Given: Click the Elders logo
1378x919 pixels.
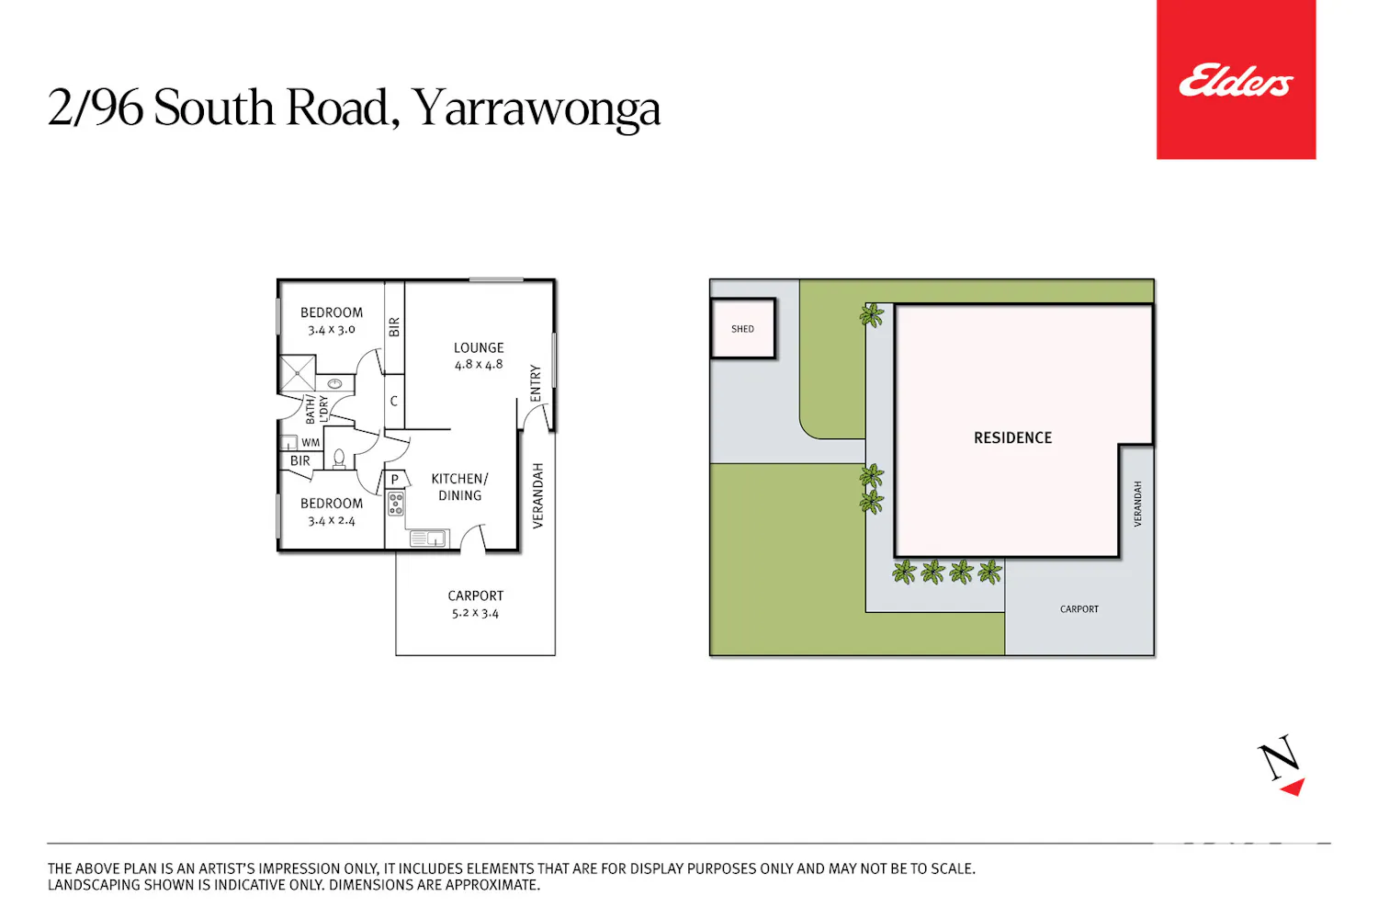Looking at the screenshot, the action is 1236,80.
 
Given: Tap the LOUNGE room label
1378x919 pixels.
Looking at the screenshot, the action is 479,347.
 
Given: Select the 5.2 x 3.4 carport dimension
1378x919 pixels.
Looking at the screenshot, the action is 475,613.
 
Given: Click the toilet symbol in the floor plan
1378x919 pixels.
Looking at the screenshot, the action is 339,459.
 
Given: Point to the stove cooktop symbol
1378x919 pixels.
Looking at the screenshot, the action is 396,504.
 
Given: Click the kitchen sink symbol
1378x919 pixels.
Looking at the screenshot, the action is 428,539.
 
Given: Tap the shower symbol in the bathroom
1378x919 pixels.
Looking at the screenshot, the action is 297,373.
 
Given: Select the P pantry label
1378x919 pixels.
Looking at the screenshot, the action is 395,479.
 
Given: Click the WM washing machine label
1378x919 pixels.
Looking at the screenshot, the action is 311,443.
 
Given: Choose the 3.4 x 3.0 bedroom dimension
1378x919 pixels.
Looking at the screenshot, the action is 331,329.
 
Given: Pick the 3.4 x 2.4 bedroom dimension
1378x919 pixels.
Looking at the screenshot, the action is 331,521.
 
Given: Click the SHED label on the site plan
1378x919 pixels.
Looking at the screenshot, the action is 742,329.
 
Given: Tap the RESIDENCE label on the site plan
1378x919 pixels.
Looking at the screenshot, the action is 1012,437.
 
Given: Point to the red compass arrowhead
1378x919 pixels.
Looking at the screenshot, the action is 1293,788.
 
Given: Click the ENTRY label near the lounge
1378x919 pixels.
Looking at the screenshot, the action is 536,383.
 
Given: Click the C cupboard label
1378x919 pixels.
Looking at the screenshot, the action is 394,402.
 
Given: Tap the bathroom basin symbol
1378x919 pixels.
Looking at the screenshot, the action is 334,384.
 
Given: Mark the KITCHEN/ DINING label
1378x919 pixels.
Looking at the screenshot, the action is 459,487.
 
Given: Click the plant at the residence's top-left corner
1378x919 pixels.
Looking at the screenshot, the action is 872,316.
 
